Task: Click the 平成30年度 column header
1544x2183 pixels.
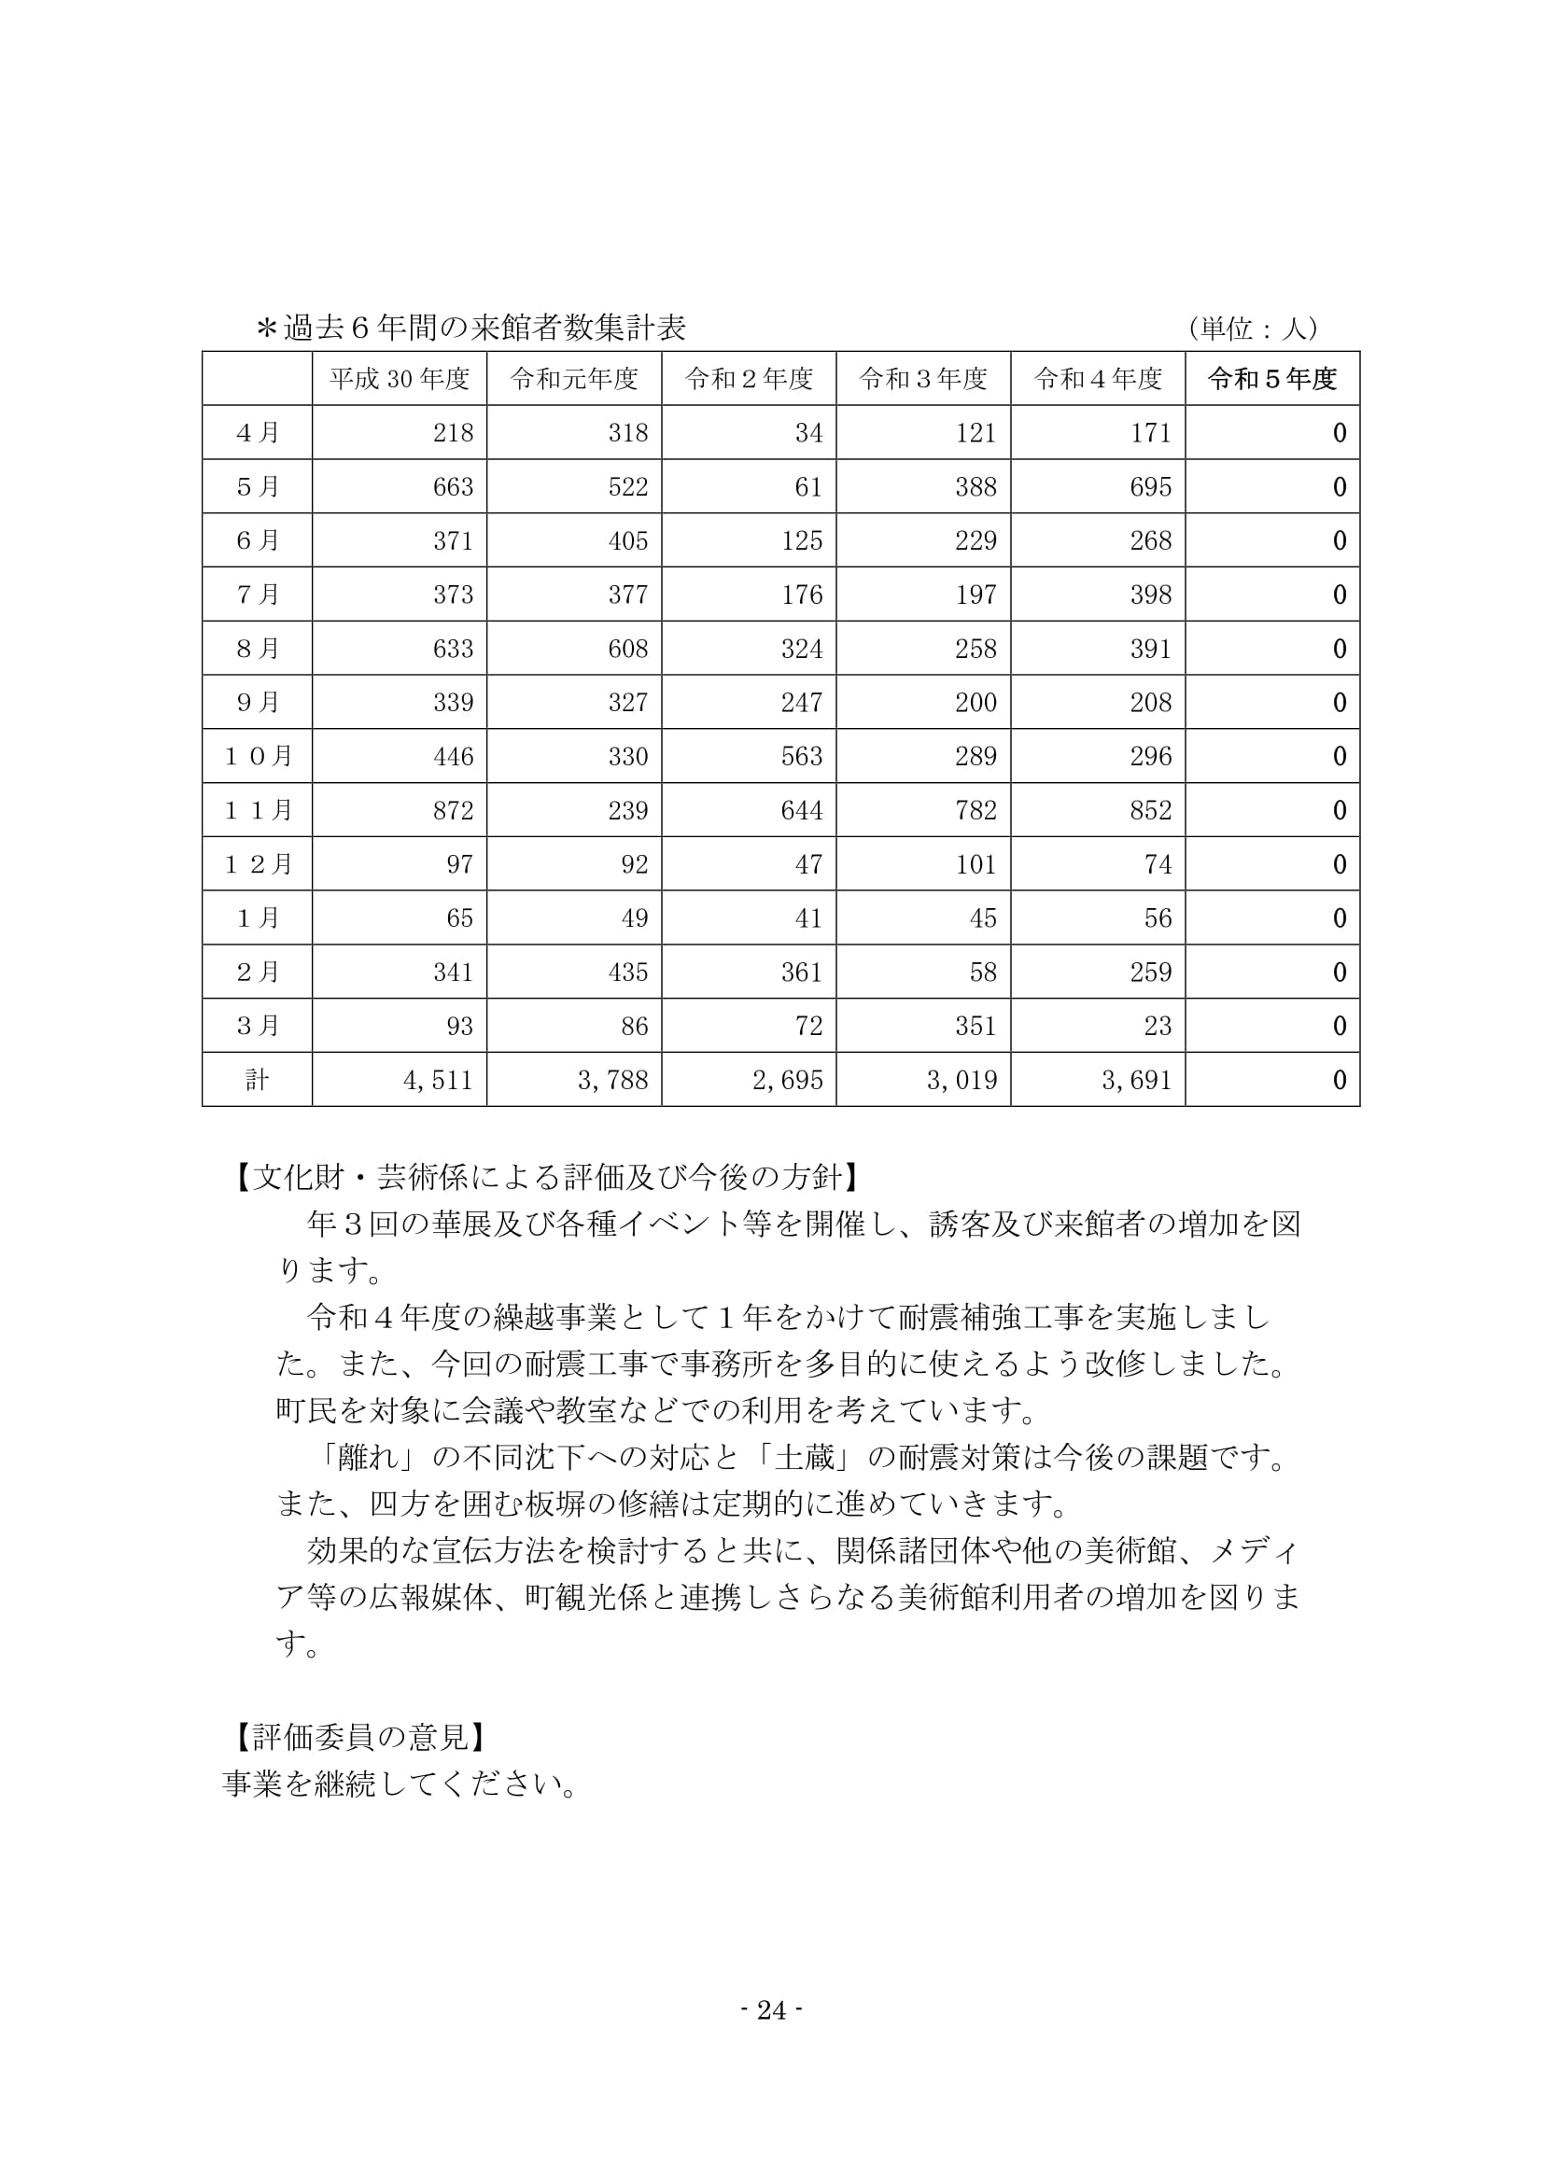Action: tap(400, 379)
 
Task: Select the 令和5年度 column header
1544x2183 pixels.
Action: tap(1272, 379)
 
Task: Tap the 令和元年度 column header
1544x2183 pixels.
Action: tap(573, 379)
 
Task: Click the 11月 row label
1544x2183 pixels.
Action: tap(258, 810)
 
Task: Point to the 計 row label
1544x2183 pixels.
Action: tap(257, 1079)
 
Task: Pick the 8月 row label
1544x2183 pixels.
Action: tap(258, 649)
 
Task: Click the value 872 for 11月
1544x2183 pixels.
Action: tap(453, 810)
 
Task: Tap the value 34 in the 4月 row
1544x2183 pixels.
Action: tap(808, 434)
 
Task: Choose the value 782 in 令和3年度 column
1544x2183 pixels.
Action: tap(976, 810)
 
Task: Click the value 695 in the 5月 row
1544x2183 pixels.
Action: tap(1150, 488)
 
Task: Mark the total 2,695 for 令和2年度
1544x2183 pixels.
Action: tap(787, 1080)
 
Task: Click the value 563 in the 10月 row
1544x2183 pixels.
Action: tap(802, 757)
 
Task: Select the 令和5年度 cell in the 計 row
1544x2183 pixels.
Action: tap(1339, 1080)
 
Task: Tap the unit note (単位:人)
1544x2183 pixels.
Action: tap(1253, 329)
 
